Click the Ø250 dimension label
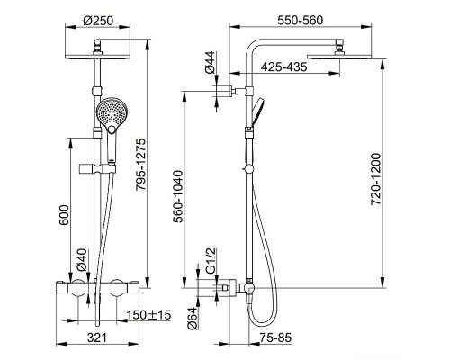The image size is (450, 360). pyautogui.click(x=98, y=21)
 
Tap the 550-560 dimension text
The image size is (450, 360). pyautogui.click(x=300, y=21)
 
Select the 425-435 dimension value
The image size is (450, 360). pyautogui.click(x=283, y=67)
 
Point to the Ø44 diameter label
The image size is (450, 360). pyautogui.click(x=210, y=62)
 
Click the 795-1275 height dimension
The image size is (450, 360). pyautogui.click(x=140, y=164)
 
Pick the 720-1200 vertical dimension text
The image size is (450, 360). pyautogui.click(x=375, y=179)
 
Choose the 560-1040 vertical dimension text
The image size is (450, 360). pyautogui.click(x=179, y=196)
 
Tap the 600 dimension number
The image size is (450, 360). pyautogui.click(x=64, y=215)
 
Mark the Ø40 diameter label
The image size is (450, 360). pyautogui.click(x=81, y=260)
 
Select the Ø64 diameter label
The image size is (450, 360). pyautogui.click(x=193, y=319)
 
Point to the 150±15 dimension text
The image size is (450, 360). pyautogui.click(x=148, y=315)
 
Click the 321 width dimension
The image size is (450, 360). pyautogui.click(x=97, y=337)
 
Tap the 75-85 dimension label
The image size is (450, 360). pyautogui.click(x=275, y=337)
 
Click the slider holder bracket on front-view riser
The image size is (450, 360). pyautogui.click(x=97, y=169)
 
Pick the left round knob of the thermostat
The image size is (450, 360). pyautogui.click(x=78, y=288)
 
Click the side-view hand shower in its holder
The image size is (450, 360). pyautogui.click(x=257, y=112)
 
